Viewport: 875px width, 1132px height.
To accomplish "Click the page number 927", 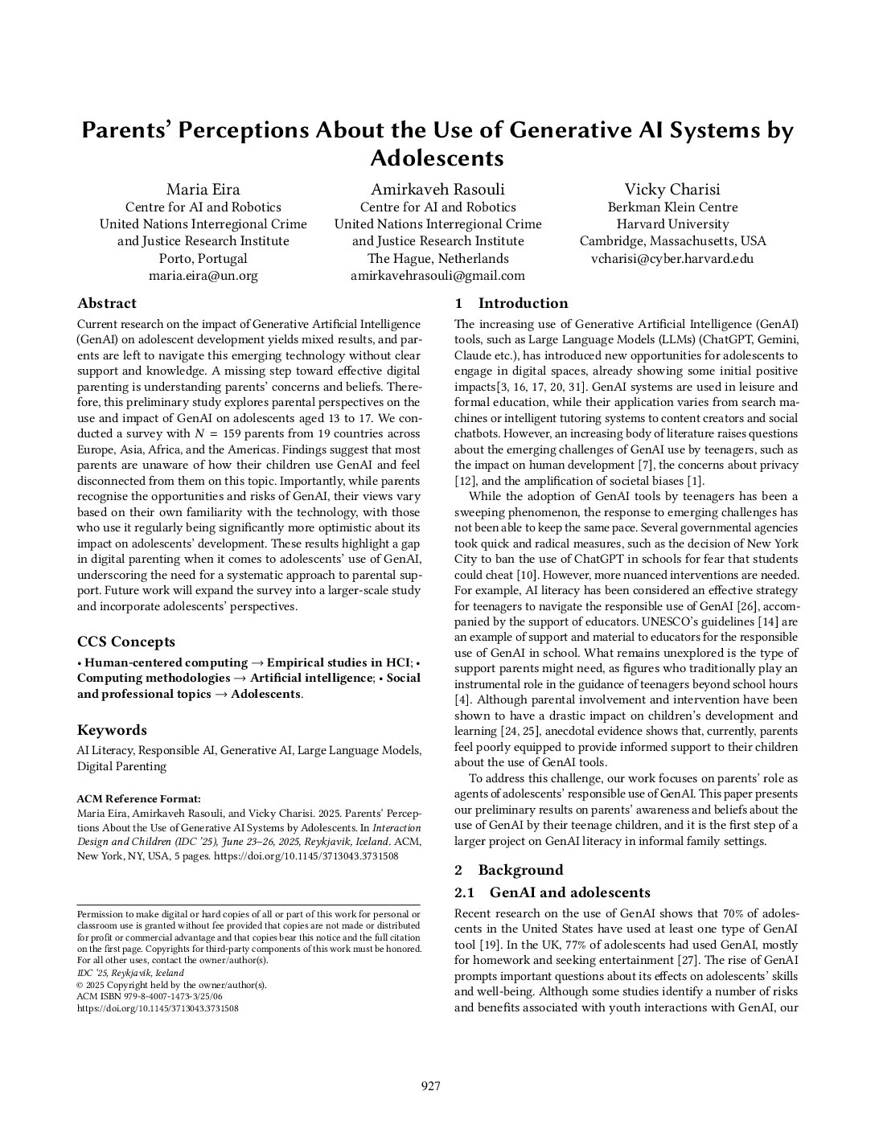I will click(431, 1086).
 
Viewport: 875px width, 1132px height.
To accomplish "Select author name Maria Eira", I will click(203, 190).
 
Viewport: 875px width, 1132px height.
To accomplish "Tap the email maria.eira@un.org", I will click(203, 276).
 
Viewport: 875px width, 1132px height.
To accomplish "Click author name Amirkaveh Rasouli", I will click(437, 190).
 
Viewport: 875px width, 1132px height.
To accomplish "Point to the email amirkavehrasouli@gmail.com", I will click(437, 276).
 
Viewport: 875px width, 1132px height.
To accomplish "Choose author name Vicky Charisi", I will click(672, 190).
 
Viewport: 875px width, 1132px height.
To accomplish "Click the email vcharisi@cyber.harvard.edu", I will click(672, 259).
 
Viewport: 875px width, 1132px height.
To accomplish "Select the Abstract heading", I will click(107, 304).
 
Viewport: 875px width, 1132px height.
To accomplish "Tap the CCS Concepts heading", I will click(125, 642).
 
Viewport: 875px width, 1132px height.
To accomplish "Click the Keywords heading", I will click(112, 730).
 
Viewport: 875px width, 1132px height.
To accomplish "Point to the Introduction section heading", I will click(523, 304).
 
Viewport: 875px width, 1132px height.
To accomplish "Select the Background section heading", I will click(520, 870).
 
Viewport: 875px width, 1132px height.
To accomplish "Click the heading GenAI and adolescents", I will click(569, 892).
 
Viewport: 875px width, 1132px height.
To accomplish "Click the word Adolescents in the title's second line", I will click(437, 157).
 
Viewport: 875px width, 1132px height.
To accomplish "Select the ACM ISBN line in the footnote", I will click(149, 996).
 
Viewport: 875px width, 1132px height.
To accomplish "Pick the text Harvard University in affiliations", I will click(672, 224).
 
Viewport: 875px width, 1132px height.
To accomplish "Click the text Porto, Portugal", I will click(203, 259).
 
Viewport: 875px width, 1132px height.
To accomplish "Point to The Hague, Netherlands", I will click(437, 259).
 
